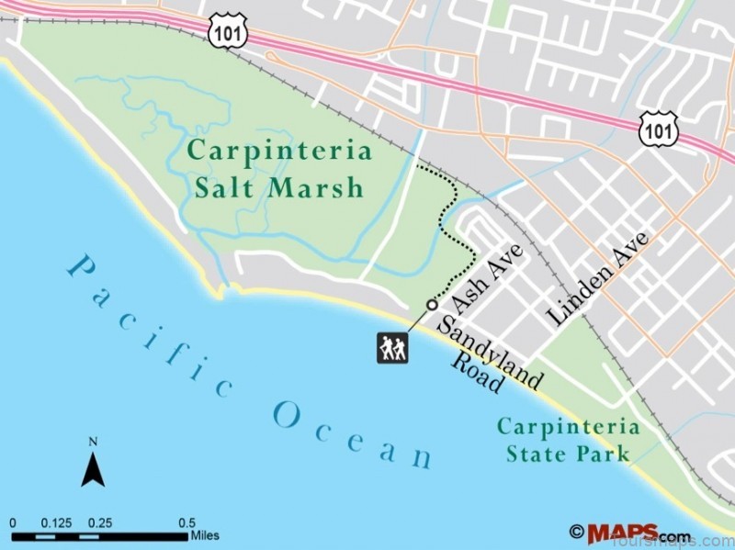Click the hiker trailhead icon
[x=392, y=347]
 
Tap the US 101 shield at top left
[x=225, y=30]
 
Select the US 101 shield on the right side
[x=659, y=129]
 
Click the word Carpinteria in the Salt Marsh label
[x=280, y=151]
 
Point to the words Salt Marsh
[x=279, y=188]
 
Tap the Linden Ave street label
[x=597, y=277]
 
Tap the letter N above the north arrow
[x=93, y=442]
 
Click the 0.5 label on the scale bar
[x=187, y=522]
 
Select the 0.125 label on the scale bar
[x=56, y=522]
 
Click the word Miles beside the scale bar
[x=205, y=535]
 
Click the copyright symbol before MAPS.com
[x=577, y=532]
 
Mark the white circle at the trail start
[x=432, y=305]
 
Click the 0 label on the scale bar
[x=13, y=522]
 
